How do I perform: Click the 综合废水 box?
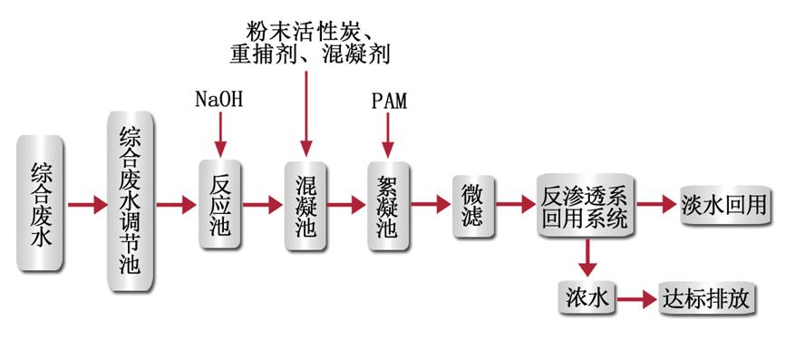(41, 204)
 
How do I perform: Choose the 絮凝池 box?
(387, 205)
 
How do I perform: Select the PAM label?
(388, 100)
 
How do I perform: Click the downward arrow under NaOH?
(219, 135)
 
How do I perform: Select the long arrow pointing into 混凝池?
(305, 113)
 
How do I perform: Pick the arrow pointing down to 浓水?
(587, 258)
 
